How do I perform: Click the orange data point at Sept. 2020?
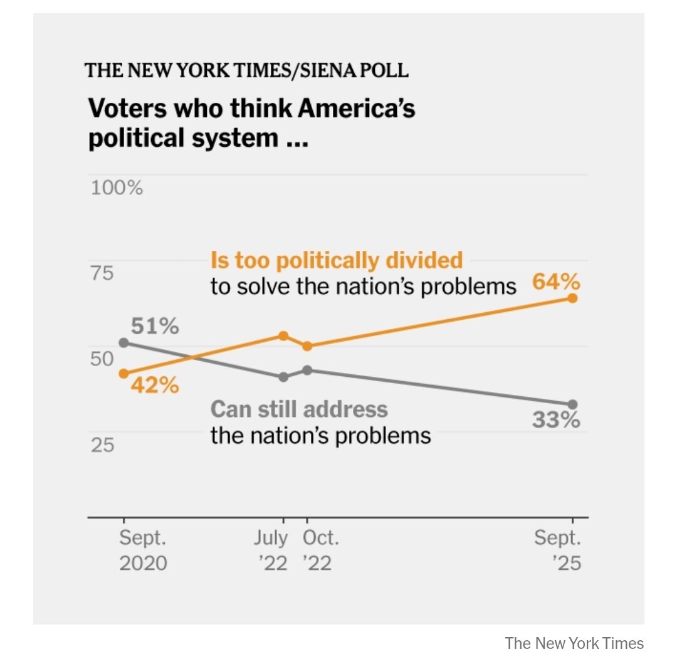[123, 373]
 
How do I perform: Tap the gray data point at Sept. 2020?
[123, 342]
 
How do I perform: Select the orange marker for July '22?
[283, 335]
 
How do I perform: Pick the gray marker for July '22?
[283, 377]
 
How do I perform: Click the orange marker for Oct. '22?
[307, 346]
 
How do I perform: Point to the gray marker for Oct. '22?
[307, 370]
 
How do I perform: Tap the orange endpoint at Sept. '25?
[572, 298]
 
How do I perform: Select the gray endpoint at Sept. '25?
[572, 404]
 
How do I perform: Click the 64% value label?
[556, 282]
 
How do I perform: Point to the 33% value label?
[556, 420]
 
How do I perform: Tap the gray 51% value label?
[155, 327]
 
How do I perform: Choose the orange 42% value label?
[155, 385]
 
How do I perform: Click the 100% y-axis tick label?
[117, 187]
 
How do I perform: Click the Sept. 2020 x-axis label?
[144, 550]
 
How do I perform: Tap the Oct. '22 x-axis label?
[320, 550]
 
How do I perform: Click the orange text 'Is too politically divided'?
[337, 260]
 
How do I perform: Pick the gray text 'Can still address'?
[299, 409]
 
